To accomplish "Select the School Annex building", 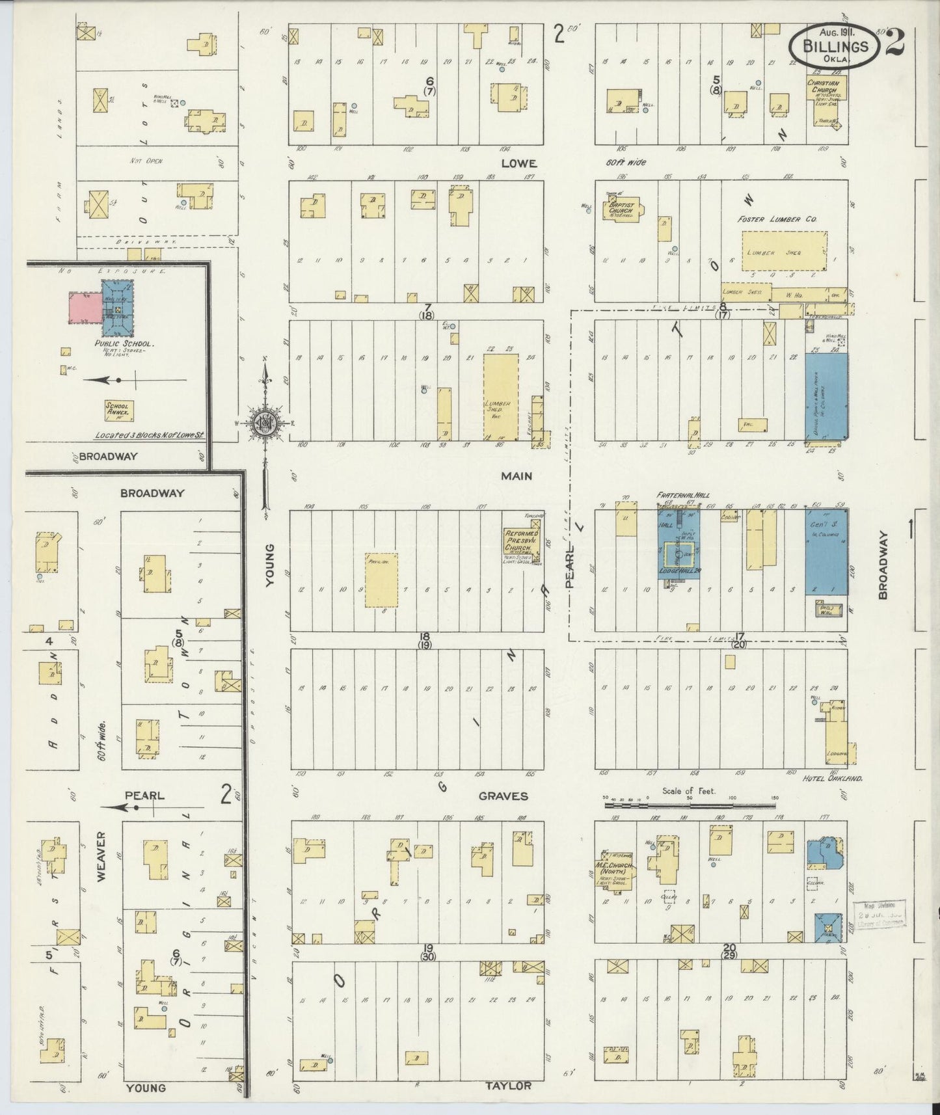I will click(x=120, y=410).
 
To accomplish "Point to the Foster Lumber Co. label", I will click(x=777, y=220).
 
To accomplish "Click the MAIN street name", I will click(x=516, y=476).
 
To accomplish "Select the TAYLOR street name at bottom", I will click(x=509, y=1086).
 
